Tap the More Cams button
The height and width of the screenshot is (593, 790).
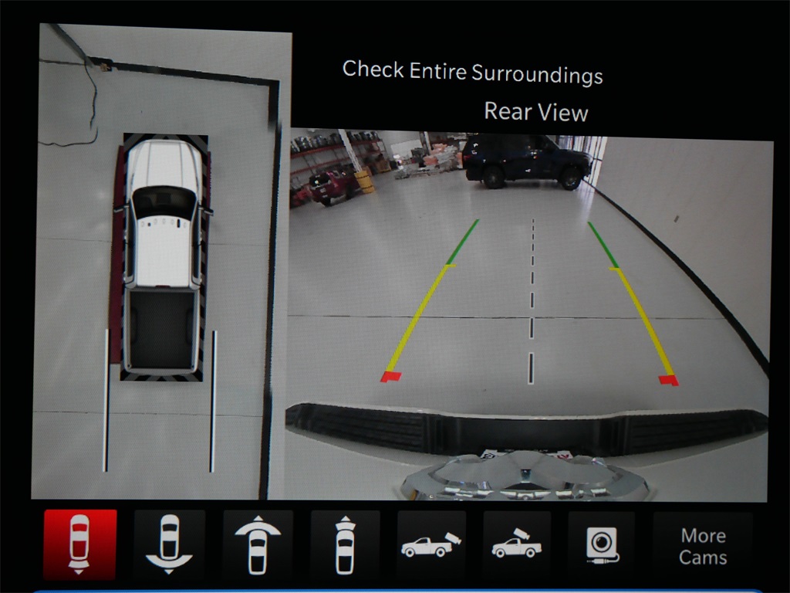[703, 546]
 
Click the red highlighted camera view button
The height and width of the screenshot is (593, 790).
[79, 544]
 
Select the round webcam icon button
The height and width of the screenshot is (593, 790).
[602, 545]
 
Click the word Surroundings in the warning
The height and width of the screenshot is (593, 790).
[537, 74]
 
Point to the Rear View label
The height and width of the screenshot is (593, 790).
[536, 111]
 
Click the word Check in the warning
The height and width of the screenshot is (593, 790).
[373, 69]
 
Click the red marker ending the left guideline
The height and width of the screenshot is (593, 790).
[390, 376]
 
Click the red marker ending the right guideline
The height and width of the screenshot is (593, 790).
[669, 380]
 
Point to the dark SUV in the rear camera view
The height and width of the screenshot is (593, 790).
[527, 161]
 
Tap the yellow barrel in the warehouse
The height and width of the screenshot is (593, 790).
[365, 181]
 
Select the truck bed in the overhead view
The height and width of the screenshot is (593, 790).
[161, 329]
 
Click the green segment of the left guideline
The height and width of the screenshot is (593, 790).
[463, 242]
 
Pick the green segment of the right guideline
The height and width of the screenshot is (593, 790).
[603, 245]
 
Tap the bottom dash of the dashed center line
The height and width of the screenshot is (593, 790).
[531, 368]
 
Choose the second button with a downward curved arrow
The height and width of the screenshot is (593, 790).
[169, 544]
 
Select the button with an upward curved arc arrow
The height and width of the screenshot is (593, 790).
[258, 544]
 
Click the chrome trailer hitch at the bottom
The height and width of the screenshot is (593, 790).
[524, 476]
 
